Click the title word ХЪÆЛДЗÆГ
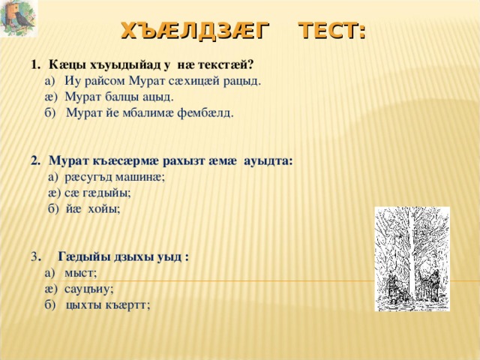(x=195, y=31)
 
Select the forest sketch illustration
(x=412, y=259)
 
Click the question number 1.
(x=35, y=65)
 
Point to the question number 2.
(x=35, y=161)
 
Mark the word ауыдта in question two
(x=268, y=161)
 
